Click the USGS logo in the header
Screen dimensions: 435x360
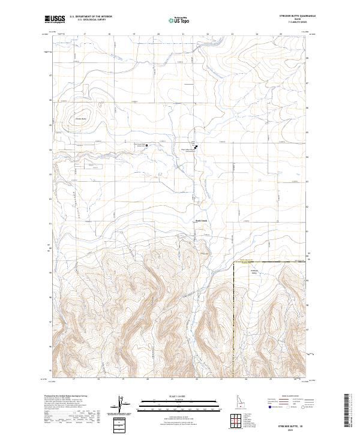coord(55,20)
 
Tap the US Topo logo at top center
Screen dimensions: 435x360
coord(179,20)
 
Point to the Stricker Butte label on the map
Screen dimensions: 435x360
coord(81,118)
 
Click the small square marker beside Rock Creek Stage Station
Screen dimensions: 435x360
coord(147,145)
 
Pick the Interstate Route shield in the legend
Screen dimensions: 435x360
coord(270,406)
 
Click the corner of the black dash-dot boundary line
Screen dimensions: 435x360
coord(233,262)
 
